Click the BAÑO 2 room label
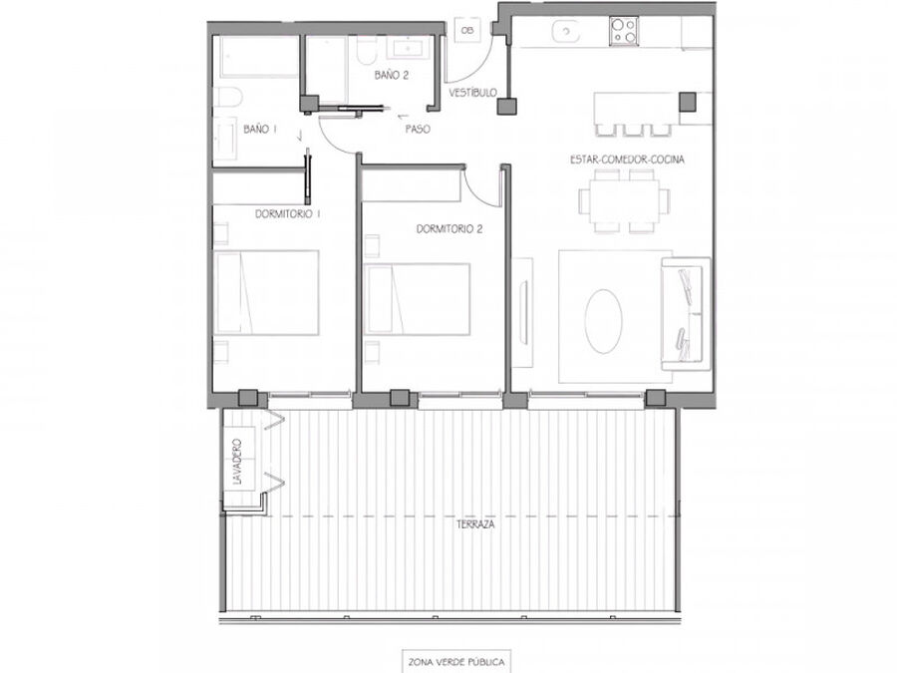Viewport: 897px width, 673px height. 392,75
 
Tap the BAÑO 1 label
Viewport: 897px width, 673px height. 260,130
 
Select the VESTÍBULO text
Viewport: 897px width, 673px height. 472,93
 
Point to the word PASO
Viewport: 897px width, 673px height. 418,130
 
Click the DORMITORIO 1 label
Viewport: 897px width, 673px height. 287,214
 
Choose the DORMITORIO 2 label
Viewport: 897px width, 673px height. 449,229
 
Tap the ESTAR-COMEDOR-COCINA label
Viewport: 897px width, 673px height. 627,160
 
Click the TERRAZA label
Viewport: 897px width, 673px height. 475,524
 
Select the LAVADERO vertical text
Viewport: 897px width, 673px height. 238,462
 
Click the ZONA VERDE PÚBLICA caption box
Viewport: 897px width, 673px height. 455,662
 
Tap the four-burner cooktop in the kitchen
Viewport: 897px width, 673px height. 624,30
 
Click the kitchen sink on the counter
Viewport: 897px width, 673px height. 566,31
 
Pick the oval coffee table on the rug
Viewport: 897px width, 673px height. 604,320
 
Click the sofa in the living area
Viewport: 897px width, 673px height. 686,314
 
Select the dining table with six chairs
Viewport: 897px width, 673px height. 624,200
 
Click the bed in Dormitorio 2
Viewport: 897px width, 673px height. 417,299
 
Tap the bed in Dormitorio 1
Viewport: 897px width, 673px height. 266,292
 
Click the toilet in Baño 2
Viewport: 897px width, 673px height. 366,51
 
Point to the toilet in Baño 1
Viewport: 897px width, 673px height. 228,98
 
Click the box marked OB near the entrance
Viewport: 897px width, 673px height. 467,30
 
